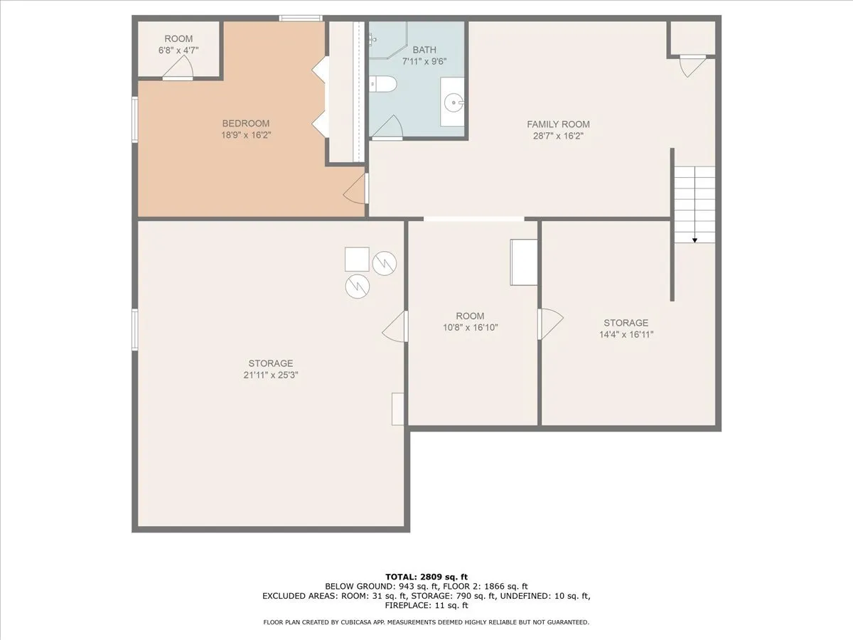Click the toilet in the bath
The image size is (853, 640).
click(382, 84)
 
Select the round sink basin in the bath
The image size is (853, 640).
click(454, 103)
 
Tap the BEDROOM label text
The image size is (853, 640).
click(246, 124)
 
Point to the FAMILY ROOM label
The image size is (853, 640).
click(558, 124)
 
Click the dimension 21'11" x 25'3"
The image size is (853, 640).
click(271, 375)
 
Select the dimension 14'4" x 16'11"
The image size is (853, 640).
click(626, 334)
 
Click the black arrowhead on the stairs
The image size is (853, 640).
click(694, 240)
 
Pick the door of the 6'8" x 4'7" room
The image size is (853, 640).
click(178, 68)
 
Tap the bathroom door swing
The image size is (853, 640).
click(387, 127)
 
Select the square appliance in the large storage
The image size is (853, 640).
click(357, 259)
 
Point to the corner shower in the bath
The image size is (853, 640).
click(388, 40)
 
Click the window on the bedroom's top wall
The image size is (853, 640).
click(301, 18)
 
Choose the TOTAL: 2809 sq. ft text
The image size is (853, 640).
click(426, 577)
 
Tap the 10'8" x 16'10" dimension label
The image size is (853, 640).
click(471, 328)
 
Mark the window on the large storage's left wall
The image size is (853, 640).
click(135, 329)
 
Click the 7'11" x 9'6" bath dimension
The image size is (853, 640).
click(424, 61)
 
